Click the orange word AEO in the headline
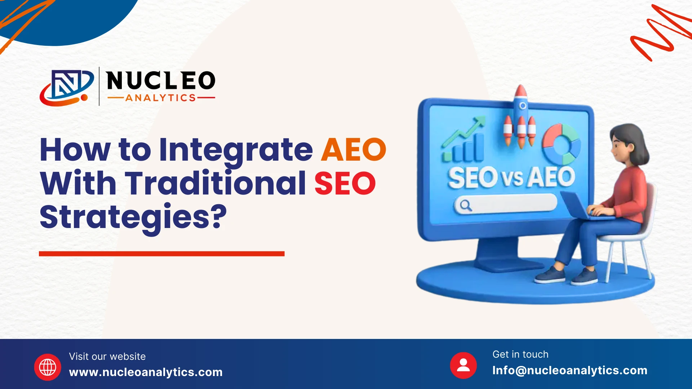click(354, 149)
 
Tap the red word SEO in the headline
click(345, 183)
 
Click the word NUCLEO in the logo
click(161, 80)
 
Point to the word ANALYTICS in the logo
click(160, 98)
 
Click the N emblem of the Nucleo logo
click(67, 88)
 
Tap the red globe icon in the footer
click(48, 367)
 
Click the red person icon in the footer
click(463, 365)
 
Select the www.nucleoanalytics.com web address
click(146, 372)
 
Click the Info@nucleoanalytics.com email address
click(570, 370)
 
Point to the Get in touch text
click(520, 354)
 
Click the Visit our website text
click(107, 357)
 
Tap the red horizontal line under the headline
click(162, 254)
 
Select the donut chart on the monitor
click(562, 144)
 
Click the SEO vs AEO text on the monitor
click(511, 177)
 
